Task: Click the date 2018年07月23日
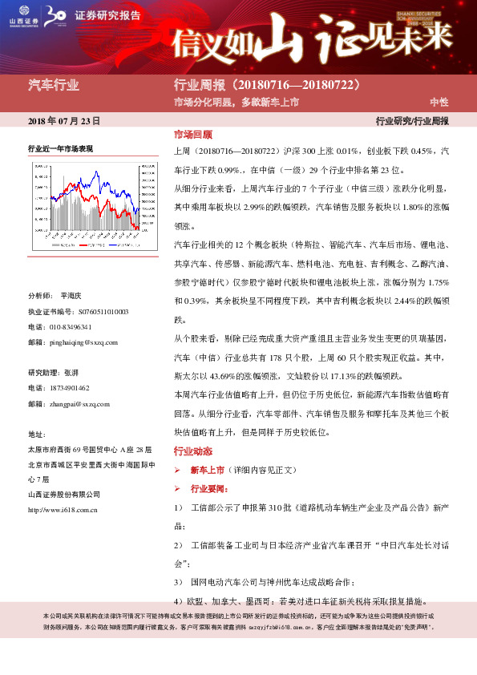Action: (64, 121)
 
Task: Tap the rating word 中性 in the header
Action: (439, 102)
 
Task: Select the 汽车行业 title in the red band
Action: (54, 85)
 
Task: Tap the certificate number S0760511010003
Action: (94, 311)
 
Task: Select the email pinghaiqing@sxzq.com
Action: (83, 342)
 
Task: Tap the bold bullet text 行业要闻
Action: (206, 488)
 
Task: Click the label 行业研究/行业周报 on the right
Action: (412, 121)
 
